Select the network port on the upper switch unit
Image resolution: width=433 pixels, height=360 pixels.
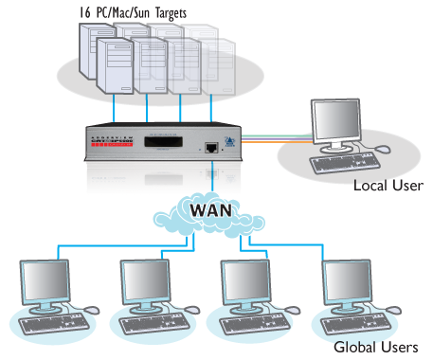(209, 148)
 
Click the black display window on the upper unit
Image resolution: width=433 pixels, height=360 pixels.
(161, 147)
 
